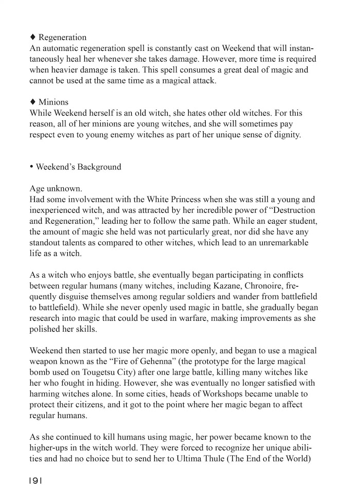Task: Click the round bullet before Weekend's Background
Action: tap(32, 167)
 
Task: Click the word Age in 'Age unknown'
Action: tap(38, 189)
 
